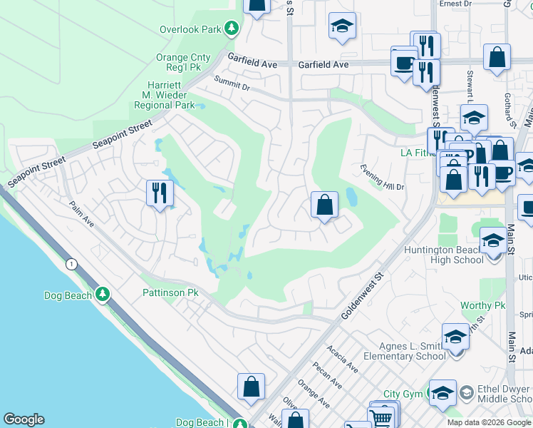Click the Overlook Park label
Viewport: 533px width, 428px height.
coord(190,30)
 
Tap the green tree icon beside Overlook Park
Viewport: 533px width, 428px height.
coord(231,29)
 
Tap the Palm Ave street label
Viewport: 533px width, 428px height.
coord(82,213)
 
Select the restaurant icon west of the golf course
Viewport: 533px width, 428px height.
coord(159,193)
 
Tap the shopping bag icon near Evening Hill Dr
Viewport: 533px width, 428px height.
coord(324,205)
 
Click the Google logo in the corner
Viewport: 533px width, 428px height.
coord(24,419)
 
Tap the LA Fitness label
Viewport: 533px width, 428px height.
coord(418,153)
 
